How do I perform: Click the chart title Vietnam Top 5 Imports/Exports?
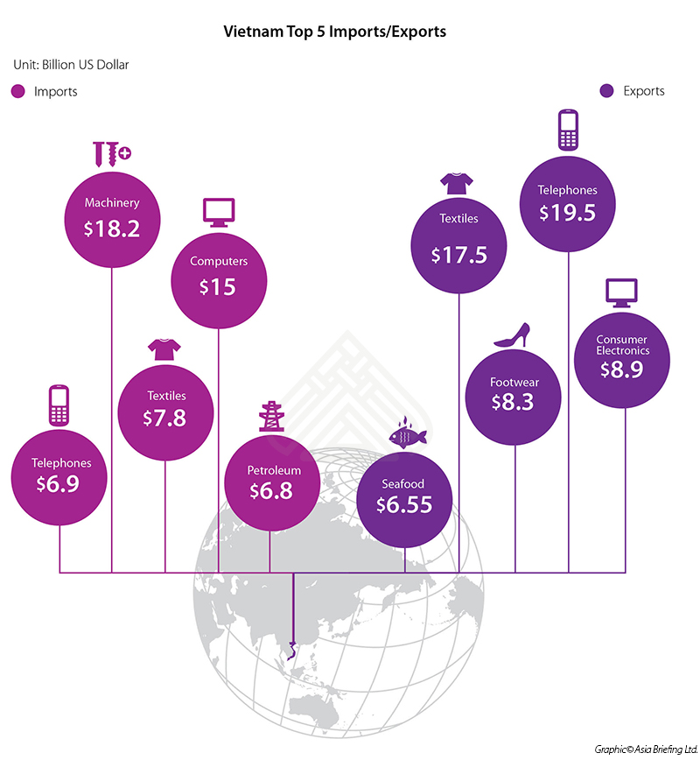pyautogui.click(x=336, y=32)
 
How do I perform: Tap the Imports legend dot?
pyautogui.click(x=17, y=91)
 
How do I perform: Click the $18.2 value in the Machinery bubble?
pyautogui.click(x=112, y=229)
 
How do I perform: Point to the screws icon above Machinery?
pyautogui.click(x=111, y=154)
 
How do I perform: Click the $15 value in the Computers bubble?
pyautogui.click(x=218, y=286)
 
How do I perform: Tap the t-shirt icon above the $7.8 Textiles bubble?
pyautogui.click(x=164, y=348)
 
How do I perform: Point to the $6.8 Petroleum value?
pyautogui.click(x=269, y=491)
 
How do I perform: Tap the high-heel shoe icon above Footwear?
pyautogui.click(x=513, y=334)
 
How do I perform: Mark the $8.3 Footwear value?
pyautogui.click(x=514, y=402)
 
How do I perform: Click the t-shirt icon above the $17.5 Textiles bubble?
pyautogui.click(x=458, y=182)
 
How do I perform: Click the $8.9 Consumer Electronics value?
pyautogui.click(x=622, y=369)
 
